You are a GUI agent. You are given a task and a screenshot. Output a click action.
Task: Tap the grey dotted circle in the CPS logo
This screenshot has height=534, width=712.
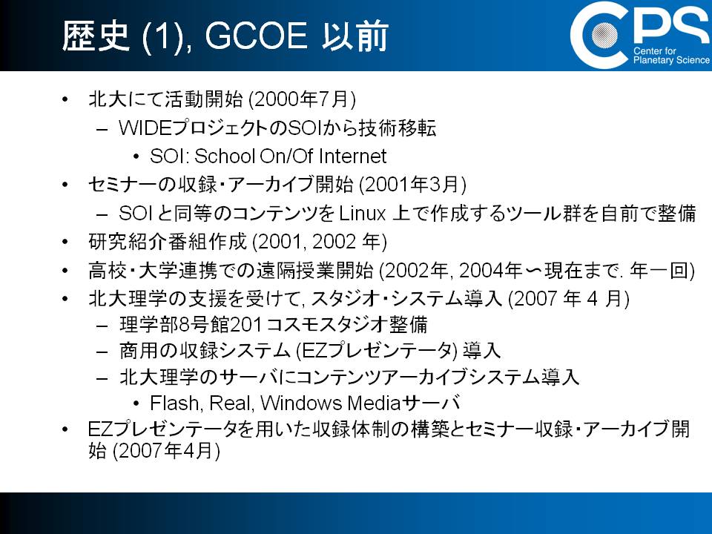click(604, 35)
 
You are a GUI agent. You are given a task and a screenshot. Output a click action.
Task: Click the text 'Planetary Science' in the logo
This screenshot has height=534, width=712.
click(671, 60)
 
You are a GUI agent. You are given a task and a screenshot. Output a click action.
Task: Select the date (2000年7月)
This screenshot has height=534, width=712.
click(303, 99)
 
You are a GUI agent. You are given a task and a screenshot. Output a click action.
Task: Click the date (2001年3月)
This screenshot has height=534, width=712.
click(413, 185)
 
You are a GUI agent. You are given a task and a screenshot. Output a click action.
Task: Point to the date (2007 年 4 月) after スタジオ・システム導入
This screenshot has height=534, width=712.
click(569, 299)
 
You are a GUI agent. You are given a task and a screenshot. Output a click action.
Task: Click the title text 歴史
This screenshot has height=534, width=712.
click(96, 36)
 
